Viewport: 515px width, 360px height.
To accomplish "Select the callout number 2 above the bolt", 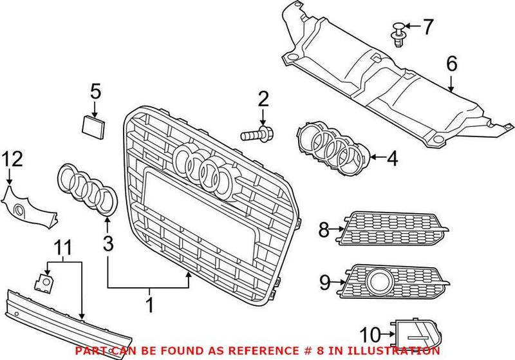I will pyautogui.click(x=263, y=99).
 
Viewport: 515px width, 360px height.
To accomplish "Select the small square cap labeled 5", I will pyautogui.click(x=92, y=124).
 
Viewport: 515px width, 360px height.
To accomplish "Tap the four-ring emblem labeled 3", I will pyautogui.click(x=86, y=190).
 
